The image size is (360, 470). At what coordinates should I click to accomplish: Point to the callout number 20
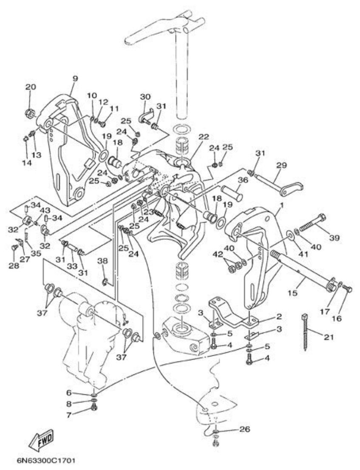pyautogui.click(x=30, y=87)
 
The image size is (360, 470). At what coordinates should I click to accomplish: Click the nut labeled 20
pyautogui.click(x=31, y=113)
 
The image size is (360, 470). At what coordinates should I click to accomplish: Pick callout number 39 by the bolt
pyautogui.click(x=334, y=238)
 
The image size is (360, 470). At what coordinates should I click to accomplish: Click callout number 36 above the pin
pyautogui.click(x=242, y=180)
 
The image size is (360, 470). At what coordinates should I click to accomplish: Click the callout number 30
pyautogui.click(x=145, y=97)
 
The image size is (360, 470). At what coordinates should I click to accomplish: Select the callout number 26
pyautogui.click(x=244, y=429)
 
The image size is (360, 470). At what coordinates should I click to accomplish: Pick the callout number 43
pyautogui.click(x=45, y=210)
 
